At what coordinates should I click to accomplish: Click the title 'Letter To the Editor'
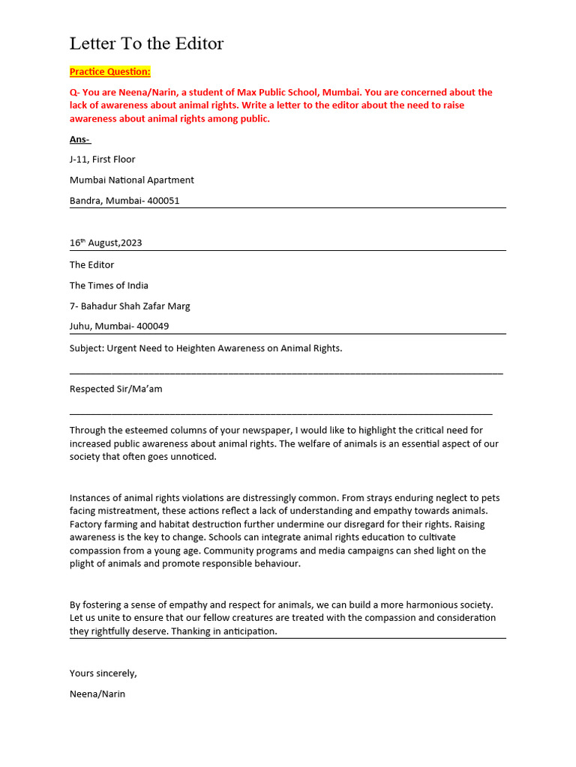pyautogui.click(x=146, y=43)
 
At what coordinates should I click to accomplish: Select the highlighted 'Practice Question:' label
pyautogui.click(x=110, y=72)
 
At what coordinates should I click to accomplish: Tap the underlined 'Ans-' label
pyautogui.click(x=79, y=139)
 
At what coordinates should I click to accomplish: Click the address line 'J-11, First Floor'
pyautogui.click(x=103, y=160)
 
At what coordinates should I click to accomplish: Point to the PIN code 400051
pyautogui.click(x=163, y=201)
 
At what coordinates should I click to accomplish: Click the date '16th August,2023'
pyautogui.click(x=106, y=243)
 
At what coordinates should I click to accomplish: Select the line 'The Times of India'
pyautogui.click(x=109, y=285)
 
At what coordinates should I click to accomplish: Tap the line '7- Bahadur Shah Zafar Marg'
pyautogui.click(x=130, y=306)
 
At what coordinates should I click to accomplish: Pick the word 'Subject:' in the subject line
pyautogui.click(x=87, y=348)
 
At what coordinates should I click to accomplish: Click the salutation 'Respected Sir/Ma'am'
pyautogui.click(x=115, y=389)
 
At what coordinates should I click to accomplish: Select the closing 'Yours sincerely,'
pyautogui.click(x=103, y=673)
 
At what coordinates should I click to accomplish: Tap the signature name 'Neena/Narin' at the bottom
pyautogui.click(x=97, y=694)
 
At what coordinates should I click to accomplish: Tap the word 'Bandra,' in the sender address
pyautogui.click(x=86, y=201)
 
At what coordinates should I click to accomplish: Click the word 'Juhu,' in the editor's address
pyautogui.click(x=81, y=327)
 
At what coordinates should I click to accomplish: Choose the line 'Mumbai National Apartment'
pyautogui.click(x=132, y=181)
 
